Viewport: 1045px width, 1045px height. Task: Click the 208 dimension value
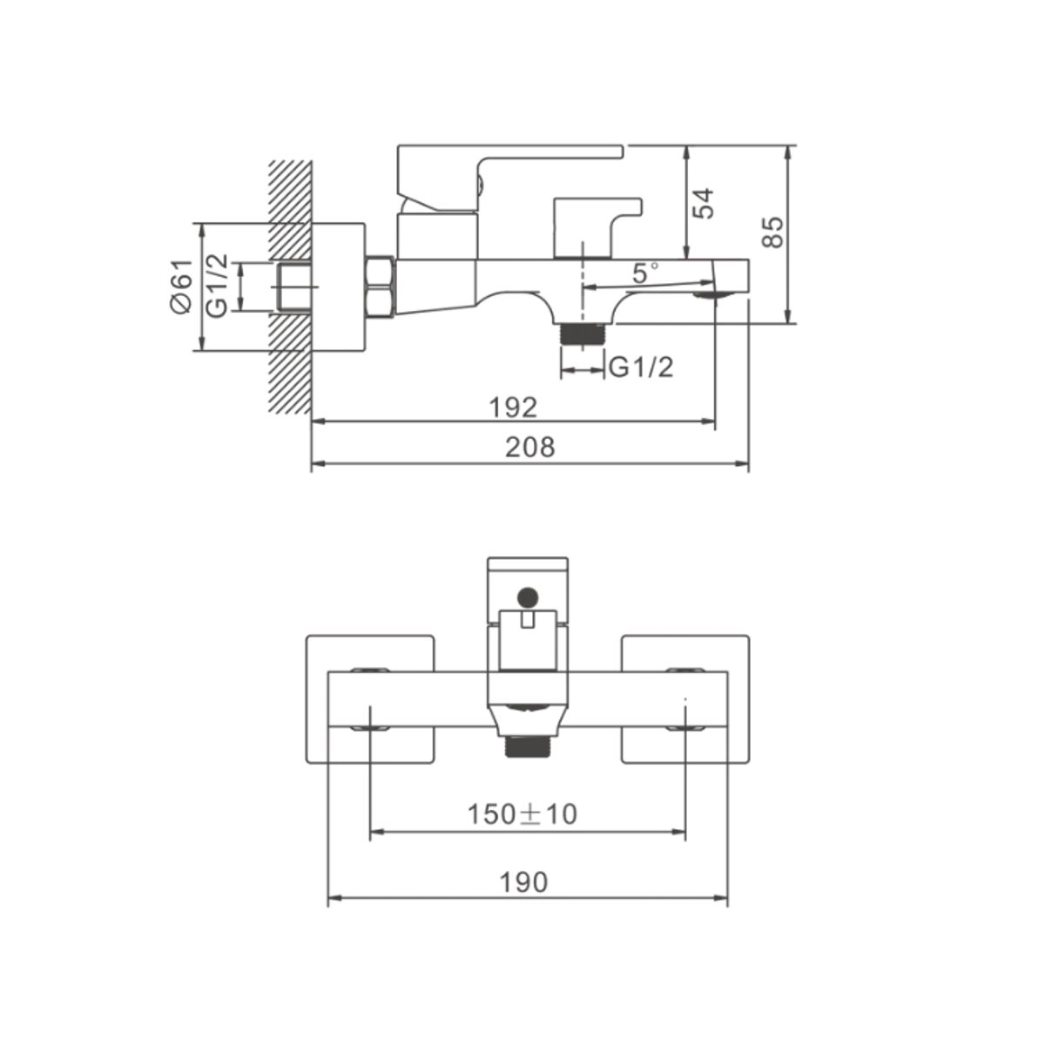click(529, 448)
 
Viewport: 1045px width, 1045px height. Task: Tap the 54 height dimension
click(704, 204)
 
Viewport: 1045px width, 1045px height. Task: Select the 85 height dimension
click(772, 233)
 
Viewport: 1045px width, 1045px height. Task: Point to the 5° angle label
click(646, 273)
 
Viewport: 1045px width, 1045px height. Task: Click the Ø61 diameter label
click(182, 286)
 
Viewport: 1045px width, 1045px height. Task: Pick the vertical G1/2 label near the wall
click(217, 286)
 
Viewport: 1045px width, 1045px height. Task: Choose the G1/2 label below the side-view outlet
click(641, 368)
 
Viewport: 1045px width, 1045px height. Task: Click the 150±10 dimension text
click(522, 829)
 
